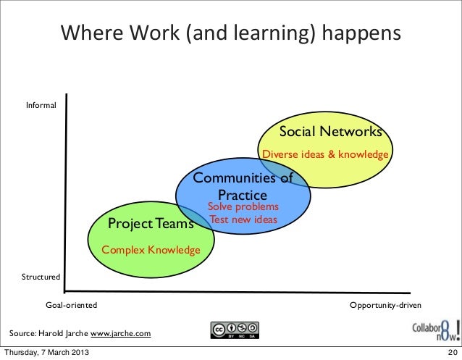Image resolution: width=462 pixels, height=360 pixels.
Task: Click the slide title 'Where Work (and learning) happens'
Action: (230, 34)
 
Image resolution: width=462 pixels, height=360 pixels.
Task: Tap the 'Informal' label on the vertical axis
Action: (41, 106)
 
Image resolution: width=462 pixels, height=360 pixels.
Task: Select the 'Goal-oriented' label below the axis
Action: (71, 304)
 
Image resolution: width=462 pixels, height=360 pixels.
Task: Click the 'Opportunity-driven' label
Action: (385, 304)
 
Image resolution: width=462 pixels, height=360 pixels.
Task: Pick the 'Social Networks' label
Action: (330, 132)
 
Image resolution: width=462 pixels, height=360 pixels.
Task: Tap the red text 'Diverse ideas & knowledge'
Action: (325, 154)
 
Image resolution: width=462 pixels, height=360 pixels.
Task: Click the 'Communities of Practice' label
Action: (243, 186)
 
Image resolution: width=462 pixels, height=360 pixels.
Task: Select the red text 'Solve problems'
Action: (243, 207)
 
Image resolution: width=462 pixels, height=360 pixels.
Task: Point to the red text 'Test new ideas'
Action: (243, 219)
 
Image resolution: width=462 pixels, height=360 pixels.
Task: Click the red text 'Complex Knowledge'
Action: (151, 250)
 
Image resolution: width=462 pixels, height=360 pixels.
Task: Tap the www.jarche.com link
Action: (120, 333)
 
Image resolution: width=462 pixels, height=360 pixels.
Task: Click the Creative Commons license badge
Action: (235, 330)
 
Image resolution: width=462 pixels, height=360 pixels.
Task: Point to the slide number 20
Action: (450, 353)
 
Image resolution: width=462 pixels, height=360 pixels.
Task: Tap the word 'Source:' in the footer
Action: (22, 333)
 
